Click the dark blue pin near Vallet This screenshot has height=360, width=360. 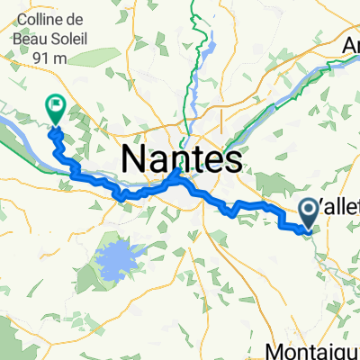coord(308,212)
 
